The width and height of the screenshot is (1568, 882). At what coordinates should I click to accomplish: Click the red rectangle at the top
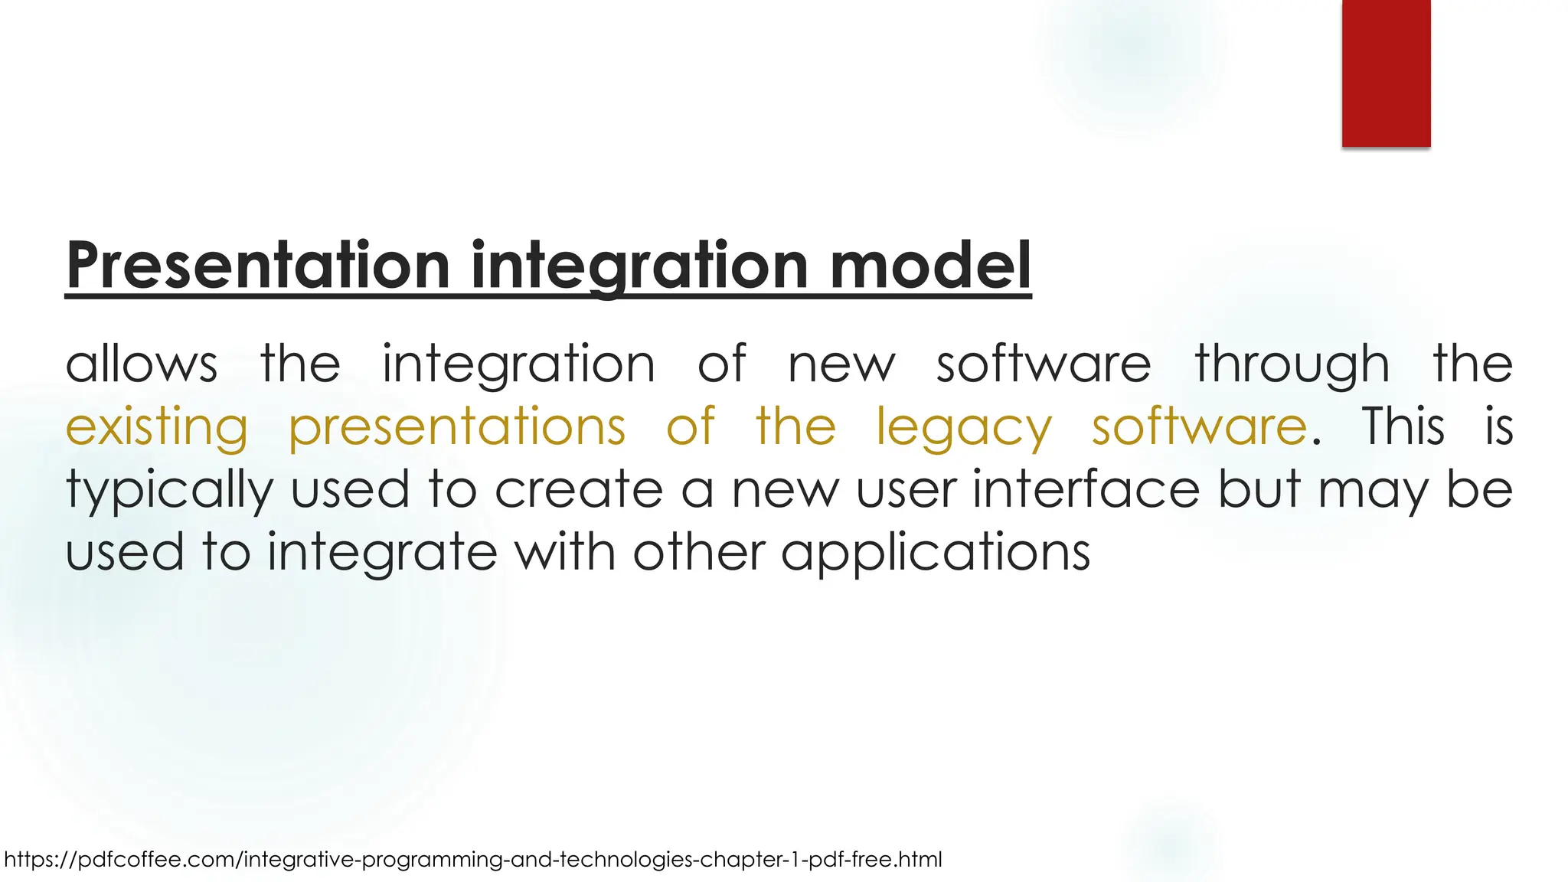pyautogui.click(x=1386, y=73)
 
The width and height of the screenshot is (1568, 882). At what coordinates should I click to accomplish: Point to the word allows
pyautogui.click(x=142, y=364)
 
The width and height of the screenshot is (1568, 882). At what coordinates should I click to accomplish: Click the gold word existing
pyautogui.click(x=157, y=427)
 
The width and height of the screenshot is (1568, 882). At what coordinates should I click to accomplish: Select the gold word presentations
pyautogui.click(x=457, y=427)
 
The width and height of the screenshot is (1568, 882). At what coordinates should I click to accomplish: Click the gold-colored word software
pyautogui.click(x=1199, y=427)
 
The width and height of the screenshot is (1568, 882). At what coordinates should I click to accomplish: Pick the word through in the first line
pyautogui.click(x=1292, y=364)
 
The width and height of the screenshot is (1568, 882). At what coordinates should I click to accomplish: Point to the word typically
pyautogui.click(x=169, y=490)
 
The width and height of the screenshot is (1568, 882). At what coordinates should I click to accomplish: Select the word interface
pyautogui.click(x=1086, y=489)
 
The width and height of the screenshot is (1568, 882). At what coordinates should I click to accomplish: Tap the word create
pyautogui.click(x=579, y=489)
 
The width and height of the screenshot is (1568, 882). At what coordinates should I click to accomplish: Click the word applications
pyautogui.click(x=935, y=553)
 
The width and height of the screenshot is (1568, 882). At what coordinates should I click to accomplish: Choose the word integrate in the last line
pyautogui.click(x=382, y=553)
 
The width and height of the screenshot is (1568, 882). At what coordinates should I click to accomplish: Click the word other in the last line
pyautogui.click(x=698, y=553)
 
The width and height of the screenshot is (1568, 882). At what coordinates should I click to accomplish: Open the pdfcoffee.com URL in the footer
pyautogui.click(x=472, y=860)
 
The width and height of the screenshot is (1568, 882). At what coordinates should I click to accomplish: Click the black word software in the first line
pyautogui.click(x=1044, y=364)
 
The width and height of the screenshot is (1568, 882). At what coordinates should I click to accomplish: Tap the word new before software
pyautogui.click(x=841, y=364)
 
